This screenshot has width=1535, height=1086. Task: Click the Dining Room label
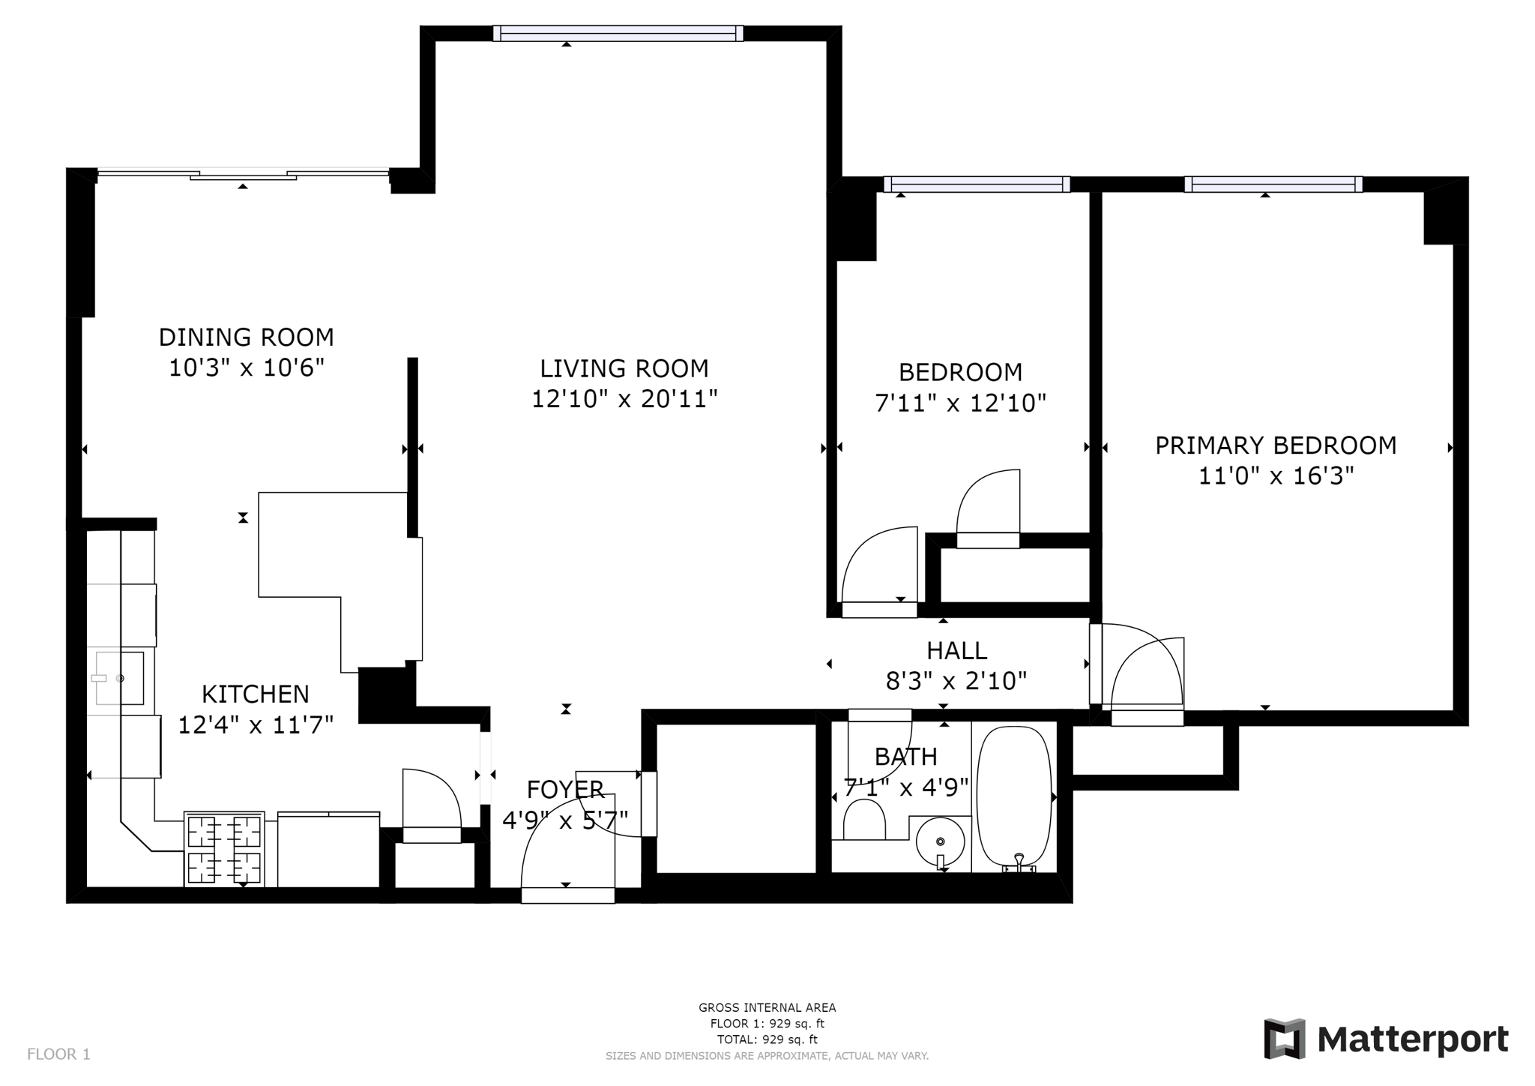(246, 337)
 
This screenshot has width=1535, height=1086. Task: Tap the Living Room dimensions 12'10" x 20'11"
(624, 399)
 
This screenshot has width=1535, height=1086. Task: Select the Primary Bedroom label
(1276, 445)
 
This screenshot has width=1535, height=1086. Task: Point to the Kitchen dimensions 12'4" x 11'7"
(256, 725)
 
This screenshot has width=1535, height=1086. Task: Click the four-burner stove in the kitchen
(224, 849)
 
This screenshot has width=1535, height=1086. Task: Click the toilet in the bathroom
(864, 820)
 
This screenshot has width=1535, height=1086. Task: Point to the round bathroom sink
(940, 841)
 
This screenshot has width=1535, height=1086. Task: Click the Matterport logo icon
(1285, 1039)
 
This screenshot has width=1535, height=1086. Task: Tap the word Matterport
(1413, 1040)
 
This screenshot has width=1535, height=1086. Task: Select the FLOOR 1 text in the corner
(58, 1054)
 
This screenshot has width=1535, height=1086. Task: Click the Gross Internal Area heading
(767, 1008)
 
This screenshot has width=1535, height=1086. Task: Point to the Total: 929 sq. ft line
(767, 1039)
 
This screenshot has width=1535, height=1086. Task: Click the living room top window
(618, 33)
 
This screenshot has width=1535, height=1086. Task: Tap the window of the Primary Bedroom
(1273, 184)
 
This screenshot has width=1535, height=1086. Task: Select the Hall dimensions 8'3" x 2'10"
(956, 681)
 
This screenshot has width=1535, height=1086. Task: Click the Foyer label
(565, 790)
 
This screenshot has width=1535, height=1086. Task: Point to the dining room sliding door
(243, 175)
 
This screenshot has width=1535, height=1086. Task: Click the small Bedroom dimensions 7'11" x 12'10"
(960, 403)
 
